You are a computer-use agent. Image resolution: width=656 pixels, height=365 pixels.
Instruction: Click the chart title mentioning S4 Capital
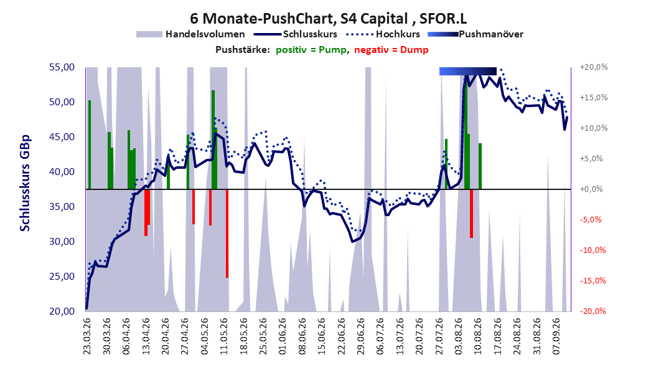[x=329, y=19]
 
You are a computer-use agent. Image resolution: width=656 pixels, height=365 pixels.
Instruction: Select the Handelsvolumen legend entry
[x=191, y=34]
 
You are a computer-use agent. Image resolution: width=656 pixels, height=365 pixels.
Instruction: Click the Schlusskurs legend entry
[x=296, y=34]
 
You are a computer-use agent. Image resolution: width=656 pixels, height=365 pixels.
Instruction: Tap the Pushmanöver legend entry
[x=476, y=34]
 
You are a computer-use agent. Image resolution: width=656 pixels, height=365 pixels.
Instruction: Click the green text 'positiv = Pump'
[x=311, y=50]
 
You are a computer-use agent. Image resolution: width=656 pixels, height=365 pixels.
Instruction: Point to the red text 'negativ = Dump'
[x=391, y=50]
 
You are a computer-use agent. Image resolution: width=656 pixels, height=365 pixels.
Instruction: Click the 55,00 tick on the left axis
[x=62, y=67]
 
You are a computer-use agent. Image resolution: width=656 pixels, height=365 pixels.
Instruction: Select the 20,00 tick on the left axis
[x=62, y=311]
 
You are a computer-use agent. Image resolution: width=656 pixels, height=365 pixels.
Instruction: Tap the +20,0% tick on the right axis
[x=594, y=67]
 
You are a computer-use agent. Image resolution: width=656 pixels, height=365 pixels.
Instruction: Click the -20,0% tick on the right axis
[x=593, y=311]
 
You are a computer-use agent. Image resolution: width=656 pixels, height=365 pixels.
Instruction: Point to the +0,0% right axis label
[x=591, y=189]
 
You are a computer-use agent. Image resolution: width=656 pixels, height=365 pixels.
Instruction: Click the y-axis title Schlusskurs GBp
[x=25, y=183]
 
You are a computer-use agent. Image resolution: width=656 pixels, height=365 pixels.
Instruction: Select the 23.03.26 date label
[x=87, y=336]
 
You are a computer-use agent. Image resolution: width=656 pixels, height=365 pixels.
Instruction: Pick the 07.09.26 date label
[x=556, y=336]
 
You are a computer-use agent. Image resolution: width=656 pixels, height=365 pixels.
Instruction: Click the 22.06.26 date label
[x=342, y=336]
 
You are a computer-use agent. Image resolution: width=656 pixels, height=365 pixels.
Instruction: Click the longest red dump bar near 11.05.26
[x=227, y=234]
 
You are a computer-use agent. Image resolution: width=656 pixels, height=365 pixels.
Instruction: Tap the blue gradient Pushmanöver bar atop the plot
[x=468, y=71]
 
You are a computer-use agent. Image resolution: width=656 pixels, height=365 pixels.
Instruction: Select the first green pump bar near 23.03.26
[x=90, y=145]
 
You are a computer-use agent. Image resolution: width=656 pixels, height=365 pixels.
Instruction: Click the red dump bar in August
[x=472, y=214]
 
